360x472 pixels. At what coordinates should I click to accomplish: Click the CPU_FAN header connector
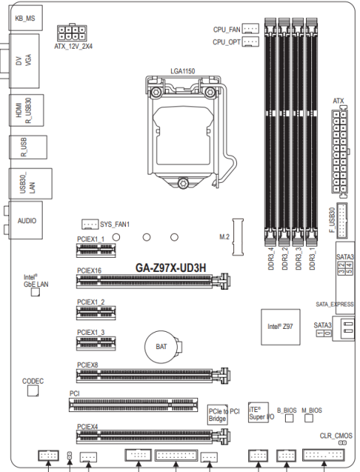pyautogui.click(x=250, y=28)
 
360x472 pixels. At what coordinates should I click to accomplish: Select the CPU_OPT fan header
pyautogui.click(x=250, y=41)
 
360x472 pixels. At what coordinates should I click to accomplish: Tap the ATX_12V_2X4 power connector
pyautogui.click(x=72, y=33)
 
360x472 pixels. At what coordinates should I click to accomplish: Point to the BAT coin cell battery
pyautogui.click(x=161, y=346)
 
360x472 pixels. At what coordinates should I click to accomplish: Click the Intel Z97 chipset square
pyautogui.click(x=280, y=327)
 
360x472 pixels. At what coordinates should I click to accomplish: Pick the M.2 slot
pyautogui.click(x=238, y=237)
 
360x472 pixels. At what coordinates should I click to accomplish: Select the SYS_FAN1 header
pyautogui.click(x=90, y=224)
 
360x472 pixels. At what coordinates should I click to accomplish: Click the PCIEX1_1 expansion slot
pyautogui.click(x=96, y=250)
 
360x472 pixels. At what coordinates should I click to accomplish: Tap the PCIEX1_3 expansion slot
pyautogui.click(x=96, y=343)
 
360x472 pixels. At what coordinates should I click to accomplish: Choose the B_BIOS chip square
pyautogui.click(x=289, y=418)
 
